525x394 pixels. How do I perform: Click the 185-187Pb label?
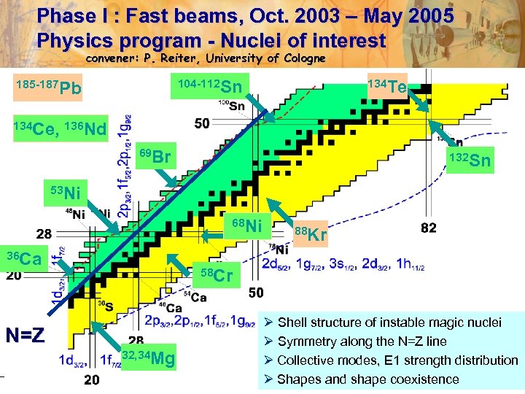point(49,88)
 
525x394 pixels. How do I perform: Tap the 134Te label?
point(386,87)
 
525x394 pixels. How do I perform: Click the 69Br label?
point(155,156)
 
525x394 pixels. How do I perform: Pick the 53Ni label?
point(66,193)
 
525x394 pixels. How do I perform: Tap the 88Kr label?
point(310,234)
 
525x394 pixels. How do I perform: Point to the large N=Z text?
point(26,336)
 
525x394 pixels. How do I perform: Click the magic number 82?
point(429,228)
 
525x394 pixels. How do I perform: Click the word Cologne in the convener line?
point(299,58)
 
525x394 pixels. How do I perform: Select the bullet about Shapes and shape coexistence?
point(368,379)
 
